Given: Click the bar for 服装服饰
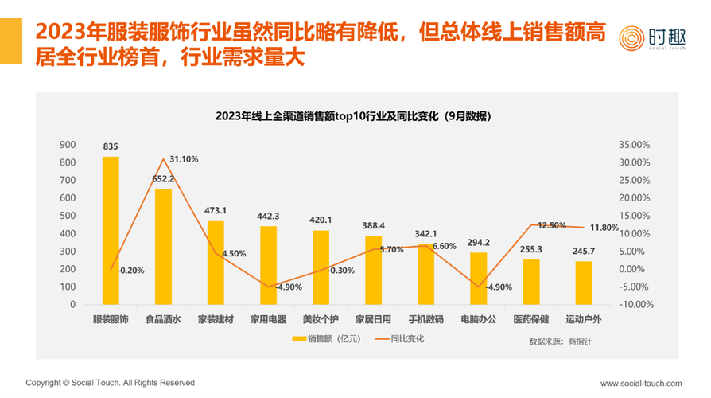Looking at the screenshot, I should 111,230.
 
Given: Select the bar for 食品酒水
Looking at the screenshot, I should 163,246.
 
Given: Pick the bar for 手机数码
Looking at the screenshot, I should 426,274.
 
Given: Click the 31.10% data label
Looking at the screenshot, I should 183,159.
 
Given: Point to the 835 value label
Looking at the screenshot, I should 111,146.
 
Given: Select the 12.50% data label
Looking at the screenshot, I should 553,225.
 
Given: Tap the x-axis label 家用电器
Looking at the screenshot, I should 268,319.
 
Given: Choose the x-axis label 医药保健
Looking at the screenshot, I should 531,319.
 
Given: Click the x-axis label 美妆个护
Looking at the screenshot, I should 321,319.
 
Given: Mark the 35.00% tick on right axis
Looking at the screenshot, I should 634,145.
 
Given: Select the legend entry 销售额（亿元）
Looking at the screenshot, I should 325,339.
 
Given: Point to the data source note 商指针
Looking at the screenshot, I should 560,341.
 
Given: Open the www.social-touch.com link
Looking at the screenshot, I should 640,383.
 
